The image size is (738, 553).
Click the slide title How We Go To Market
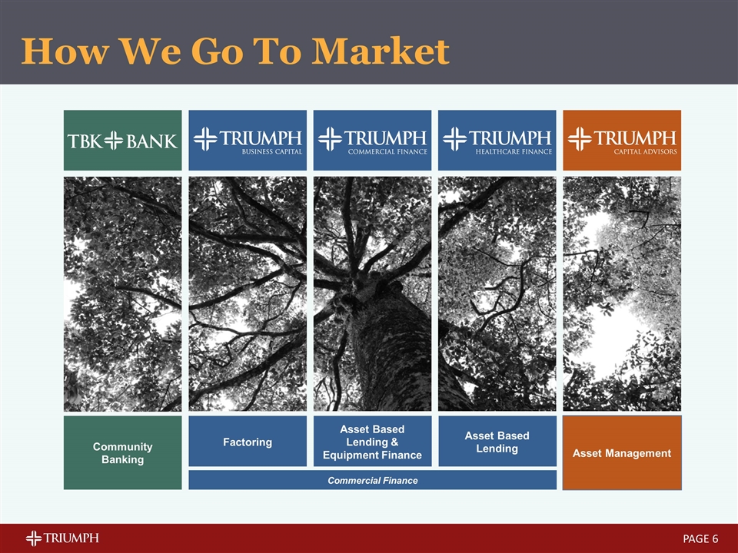click(235, 51)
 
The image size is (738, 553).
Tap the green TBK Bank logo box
click(123, 140)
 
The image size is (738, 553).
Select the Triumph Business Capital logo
click(248, 140)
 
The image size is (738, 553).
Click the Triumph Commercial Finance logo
click(372, 140)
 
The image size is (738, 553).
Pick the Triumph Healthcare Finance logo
click(497, 140)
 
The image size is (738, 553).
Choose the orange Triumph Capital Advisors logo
click(622, 140)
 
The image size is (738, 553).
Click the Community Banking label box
click(123, 452)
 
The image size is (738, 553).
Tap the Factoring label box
click(248, 442)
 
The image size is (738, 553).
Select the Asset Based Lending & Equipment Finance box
click(372, 442)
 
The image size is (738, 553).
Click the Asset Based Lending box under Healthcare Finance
click(497, 442)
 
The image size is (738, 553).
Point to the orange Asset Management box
click(622, 452)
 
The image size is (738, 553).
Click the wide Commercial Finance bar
click(372, 480)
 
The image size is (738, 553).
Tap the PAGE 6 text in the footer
click(700, 538)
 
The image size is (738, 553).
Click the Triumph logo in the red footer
click(62, 538)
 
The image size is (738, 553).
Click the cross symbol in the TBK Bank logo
click(114, 141)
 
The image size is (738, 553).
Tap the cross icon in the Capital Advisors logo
click(580, 138)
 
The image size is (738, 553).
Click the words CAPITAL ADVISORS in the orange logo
click(644, 151)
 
